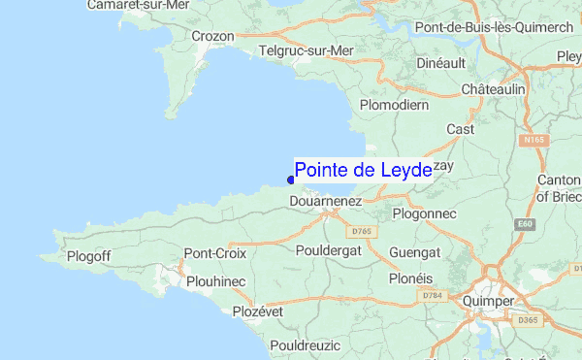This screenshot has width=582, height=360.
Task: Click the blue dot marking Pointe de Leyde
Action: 291,179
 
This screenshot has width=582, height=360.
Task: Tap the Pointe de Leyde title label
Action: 363,171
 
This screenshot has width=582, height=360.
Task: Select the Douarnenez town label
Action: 326,201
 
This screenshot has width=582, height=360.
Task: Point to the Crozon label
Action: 212,36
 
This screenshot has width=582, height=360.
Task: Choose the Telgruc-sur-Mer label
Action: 307,49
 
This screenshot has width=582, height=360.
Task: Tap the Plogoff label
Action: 92,256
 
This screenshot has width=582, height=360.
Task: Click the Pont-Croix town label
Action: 215,253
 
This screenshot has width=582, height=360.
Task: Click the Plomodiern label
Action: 394,104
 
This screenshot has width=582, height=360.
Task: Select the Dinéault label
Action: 440,62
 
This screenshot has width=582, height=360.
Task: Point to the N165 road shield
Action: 532,141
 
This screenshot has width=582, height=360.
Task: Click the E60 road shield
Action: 526,225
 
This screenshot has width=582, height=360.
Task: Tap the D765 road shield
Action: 362,231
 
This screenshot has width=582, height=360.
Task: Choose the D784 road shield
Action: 432,295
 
